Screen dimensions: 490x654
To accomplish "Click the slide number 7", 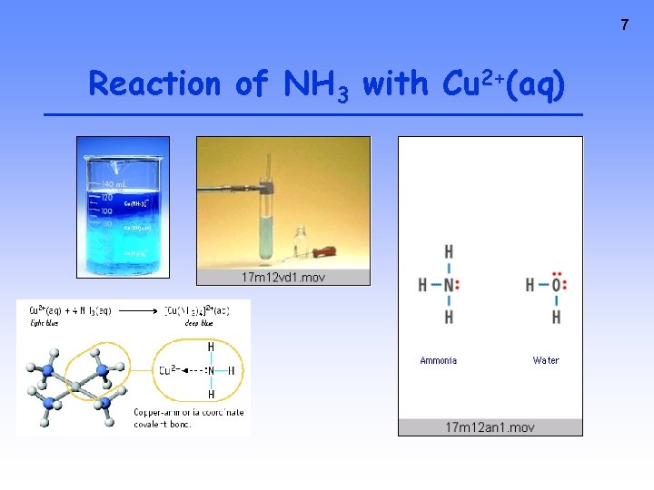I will [x=624, y=25].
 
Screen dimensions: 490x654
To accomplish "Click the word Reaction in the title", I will [x=154, y=84].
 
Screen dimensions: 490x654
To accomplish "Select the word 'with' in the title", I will [x=395, y=83].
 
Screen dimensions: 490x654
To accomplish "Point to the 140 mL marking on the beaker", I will [x=114, y=184].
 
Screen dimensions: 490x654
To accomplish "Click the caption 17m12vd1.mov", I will [x=282, y=277].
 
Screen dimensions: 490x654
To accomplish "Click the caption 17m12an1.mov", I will [x=490, y=427].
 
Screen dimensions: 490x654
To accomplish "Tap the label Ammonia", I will [x=439, y=360].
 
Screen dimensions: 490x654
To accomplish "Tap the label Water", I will [x=546, y=360].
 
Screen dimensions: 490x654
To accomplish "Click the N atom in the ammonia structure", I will [x=449, y=284].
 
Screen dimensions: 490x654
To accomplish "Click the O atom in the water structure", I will [x=556, y=285].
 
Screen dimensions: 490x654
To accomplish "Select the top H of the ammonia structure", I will [x=449, y=251].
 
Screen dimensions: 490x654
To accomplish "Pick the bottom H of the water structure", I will [x=556, y=318].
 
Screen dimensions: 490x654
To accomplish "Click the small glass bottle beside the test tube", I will [x=301, y=250].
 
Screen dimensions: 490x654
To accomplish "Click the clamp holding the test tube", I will [x=264, y=189].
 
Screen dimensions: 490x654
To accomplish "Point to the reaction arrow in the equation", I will [x=137, y=310].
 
